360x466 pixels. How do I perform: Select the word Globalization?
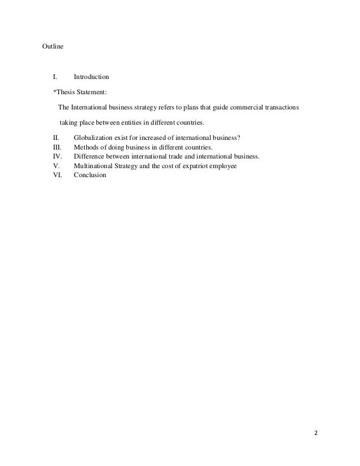click(95, 137)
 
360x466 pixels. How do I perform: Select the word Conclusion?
click(90, 175)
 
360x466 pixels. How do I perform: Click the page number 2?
click(316, 433)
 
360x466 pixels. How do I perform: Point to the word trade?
click(193, 156)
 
